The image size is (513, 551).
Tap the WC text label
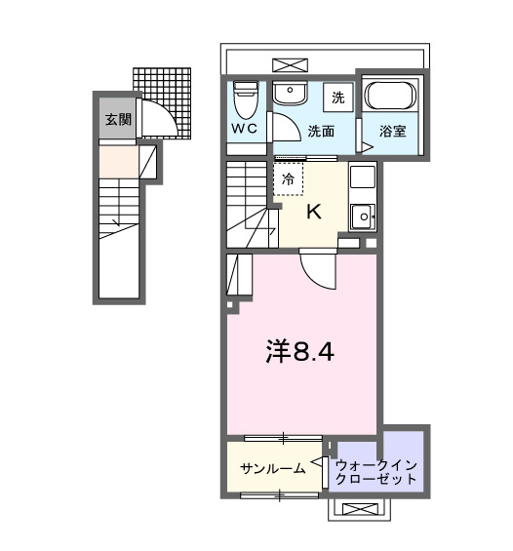(x=244, y=129)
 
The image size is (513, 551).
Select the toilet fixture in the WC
(x=244, y=97)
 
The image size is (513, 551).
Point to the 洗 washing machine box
(x=337, y=97)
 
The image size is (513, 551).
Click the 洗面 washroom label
(x=321, y=129)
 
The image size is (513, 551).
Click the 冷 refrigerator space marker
(x=288, y=178)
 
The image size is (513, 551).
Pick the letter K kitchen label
(x=315, y=212)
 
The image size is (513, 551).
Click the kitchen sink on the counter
(x=362, y=216)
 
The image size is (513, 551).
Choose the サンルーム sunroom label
(x=272, y=469)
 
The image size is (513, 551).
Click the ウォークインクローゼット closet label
(x=377, y=470)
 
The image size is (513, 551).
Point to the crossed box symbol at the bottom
(x=362, y=508)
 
